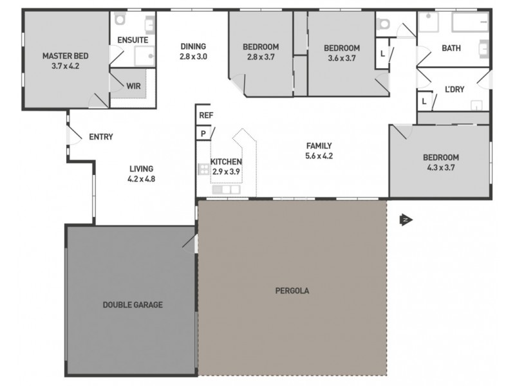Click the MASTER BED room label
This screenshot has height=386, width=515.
coord(64,55)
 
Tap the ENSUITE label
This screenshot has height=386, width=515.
coord(133,40)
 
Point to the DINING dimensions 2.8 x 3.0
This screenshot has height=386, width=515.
coord(192,56)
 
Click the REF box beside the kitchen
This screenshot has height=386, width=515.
coord(205,115)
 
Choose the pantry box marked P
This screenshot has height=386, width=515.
coord(203,133)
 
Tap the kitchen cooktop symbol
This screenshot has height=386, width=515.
coord(203,169)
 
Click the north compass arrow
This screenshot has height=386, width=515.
coord(406,220)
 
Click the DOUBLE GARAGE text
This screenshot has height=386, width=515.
coord(133,305)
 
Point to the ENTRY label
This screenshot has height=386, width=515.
coord(101,136)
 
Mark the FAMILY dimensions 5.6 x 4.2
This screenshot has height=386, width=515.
coord(319,155)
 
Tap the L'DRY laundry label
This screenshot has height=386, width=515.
coord(454,89)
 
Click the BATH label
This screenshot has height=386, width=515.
coord(451,48)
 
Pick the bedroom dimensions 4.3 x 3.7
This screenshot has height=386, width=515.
coord(440,168)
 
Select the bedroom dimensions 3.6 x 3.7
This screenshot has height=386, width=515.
coord(341,58)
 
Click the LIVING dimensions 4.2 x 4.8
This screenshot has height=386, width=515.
coord(142,179)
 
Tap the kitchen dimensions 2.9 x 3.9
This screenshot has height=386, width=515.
coord(226,172)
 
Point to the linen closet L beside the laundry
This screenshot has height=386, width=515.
coord(424,101)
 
